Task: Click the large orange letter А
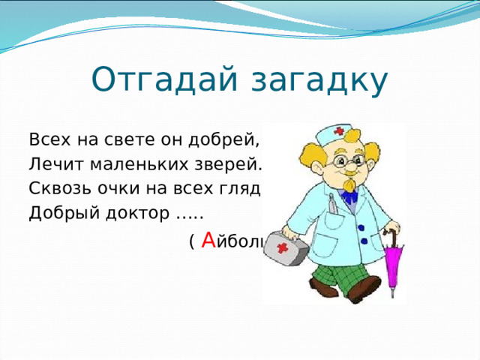[x=208, y=241]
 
